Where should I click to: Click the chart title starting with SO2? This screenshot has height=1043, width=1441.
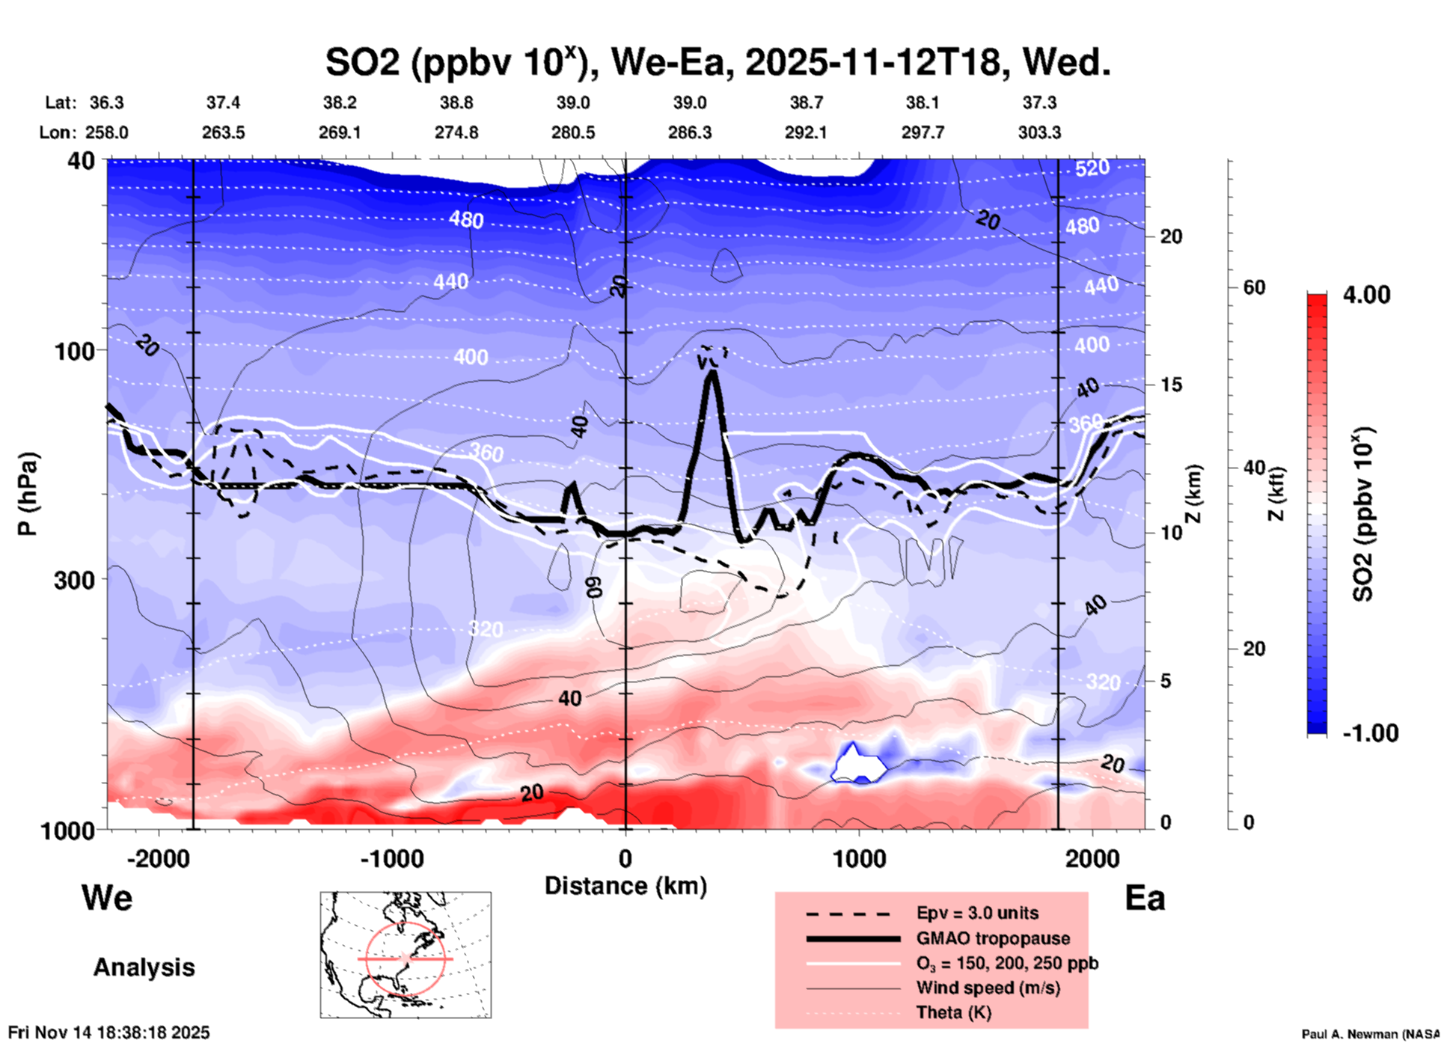[x=718, y=62]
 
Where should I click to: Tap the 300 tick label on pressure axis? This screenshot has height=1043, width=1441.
[x=75, y=580]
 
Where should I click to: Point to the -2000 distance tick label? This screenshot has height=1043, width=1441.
[x=158, y=858]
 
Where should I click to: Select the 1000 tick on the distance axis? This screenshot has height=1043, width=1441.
[x=859, y=858]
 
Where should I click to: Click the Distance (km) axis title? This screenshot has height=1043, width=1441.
[x=625, y=886]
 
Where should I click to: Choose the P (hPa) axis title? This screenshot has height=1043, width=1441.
[x=28, y=494]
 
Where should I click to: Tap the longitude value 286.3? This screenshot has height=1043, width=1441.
[x=689, y=133]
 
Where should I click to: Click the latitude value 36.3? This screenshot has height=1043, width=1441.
[x=106, y=103]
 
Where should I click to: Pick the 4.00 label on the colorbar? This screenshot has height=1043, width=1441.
[x=1366, y=295]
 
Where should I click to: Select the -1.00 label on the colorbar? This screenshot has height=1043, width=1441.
[x=1370, y=733]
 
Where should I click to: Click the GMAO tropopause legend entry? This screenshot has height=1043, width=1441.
[x=993, y=938]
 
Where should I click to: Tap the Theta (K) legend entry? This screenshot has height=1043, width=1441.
[x=953, y=1012]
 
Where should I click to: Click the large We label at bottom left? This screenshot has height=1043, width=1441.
[x=107, y=898]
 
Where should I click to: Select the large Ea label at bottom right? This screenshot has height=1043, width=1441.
[x=1145, y=898]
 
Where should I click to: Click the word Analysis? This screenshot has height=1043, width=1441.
[x=144, y=967]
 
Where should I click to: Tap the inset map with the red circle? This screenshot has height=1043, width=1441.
[x=406, y=955]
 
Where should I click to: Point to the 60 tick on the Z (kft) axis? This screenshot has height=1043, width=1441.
[x=1254, y=287]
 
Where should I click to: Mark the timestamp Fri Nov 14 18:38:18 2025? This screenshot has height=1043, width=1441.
[x=109, y=1033]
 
